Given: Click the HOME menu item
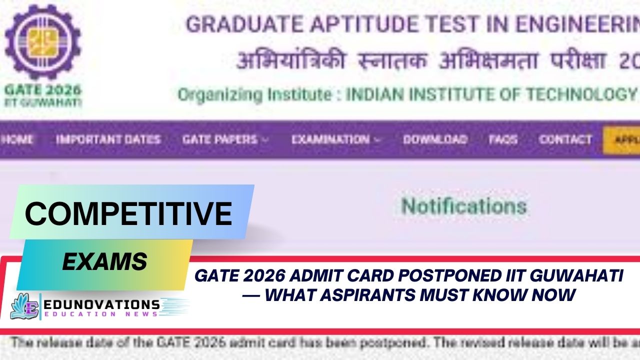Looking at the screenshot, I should pos(17,139).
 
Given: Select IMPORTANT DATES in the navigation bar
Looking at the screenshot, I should pos(108,139).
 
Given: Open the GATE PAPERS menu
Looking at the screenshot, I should pos(224,139).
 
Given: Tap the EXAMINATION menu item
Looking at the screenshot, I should pos(335,139).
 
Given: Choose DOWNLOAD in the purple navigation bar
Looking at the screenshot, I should pos(435,139).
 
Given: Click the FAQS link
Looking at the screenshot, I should pos(503,139).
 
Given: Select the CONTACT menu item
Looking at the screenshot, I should pos(565,139).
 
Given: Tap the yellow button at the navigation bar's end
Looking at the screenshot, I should pos(622,139).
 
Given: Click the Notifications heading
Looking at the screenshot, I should pos(464,206).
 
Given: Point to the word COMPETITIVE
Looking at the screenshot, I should pos(128,213).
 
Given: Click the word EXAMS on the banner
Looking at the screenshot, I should pos(104,261).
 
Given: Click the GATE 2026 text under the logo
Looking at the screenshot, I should pos(42,90).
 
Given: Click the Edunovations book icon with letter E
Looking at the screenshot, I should pos(25,306).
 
